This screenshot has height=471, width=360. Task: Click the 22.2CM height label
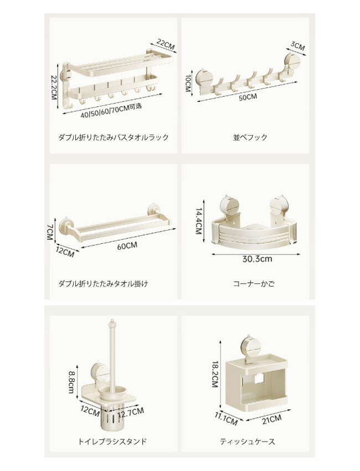coord(54,88)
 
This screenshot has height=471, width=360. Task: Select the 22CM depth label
coord(166,45)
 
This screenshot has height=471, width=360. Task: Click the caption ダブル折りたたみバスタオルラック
coord(114,137)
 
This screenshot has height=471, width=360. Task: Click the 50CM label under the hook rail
coord(248,97)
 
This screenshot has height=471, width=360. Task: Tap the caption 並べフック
coord(250,137)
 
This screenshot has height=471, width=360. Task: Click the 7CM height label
coord(50,232)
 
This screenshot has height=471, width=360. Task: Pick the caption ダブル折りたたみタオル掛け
coord(103,284)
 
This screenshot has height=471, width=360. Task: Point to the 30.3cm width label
coord(258,259)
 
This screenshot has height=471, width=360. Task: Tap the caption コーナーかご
coord(254,284)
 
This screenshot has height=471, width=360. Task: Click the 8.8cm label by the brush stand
coord(72,382)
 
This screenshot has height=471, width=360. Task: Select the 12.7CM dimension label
coord(131,413)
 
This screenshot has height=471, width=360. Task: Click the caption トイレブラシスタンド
coord(112,442)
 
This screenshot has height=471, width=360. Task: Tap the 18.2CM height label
coord(215,375)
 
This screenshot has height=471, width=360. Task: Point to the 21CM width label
coord(272,419)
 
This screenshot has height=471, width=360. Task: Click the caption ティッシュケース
coord(248,442)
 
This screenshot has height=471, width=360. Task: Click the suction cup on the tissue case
coord(251,345)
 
